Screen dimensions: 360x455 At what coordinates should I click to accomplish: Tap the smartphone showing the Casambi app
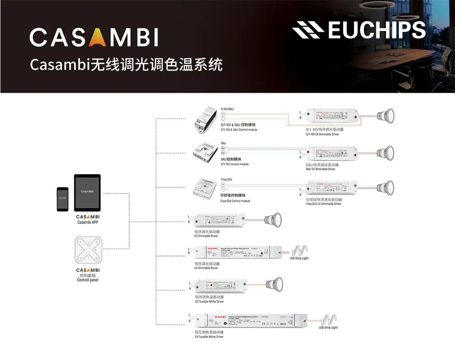pos(63,199)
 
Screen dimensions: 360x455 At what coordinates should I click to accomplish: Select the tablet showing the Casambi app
pos(87,193)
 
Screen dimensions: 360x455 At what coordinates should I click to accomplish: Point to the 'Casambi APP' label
pos(88,222)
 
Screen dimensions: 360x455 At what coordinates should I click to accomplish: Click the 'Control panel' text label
pos(88,280)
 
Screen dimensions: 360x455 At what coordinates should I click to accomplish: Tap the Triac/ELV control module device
pos(204,188)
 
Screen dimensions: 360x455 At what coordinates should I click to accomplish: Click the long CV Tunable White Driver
pos(251,322)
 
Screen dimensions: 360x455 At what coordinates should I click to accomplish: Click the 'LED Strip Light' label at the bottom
pos(328,328)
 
